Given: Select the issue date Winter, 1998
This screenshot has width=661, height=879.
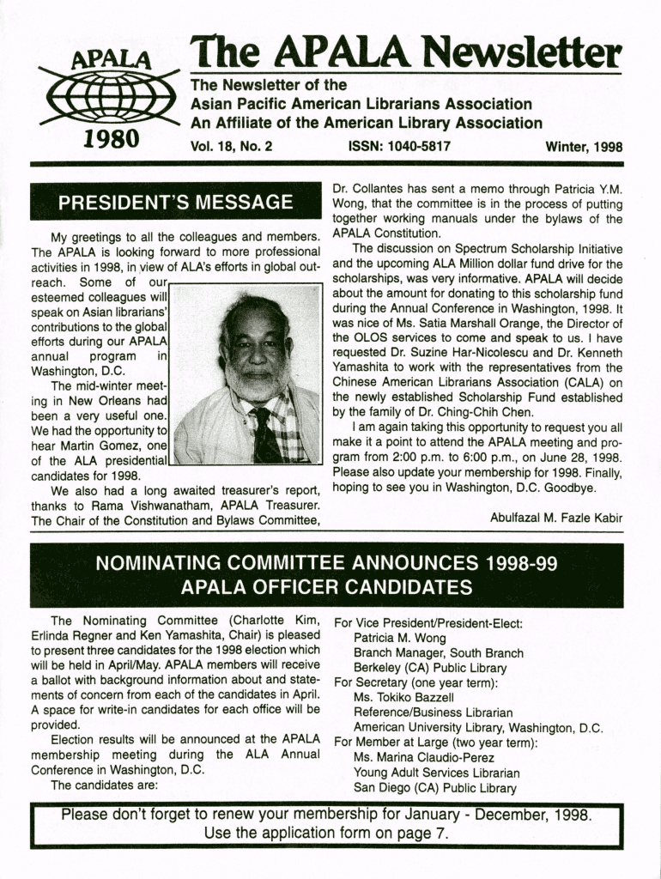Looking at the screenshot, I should (584, 147).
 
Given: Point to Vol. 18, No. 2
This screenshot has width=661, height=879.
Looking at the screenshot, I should (231, 147).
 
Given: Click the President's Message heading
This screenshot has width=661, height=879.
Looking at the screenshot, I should (175, 203).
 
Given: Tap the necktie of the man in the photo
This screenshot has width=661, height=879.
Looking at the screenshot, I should (264, 433).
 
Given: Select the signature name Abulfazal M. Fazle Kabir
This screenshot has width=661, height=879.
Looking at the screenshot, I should (556, 517).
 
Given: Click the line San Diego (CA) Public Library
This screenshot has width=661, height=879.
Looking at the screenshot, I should (435, 787).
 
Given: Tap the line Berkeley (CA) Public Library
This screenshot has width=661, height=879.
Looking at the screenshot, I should (430, 668).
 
